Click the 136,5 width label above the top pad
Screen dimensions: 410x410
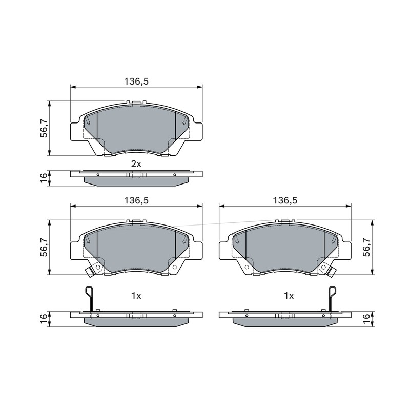point(136,81)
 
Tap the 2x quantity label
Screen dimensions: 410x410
point(136,164)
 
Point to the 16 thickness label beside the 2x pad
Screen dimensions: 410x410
point(44,178)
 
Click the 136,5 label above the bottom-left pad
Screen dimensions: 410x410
point(136,200)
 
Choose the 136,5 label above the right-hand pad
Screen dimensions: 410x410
point(285,200)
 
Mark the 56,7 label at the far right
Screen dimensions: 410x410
point(367,247)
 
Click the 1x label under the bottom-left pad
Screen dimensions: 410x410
point(136,296)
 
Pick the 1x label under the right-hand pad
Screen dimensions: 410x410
point(289,296)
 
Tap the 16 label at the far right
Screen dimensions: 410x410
point(367,319)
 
